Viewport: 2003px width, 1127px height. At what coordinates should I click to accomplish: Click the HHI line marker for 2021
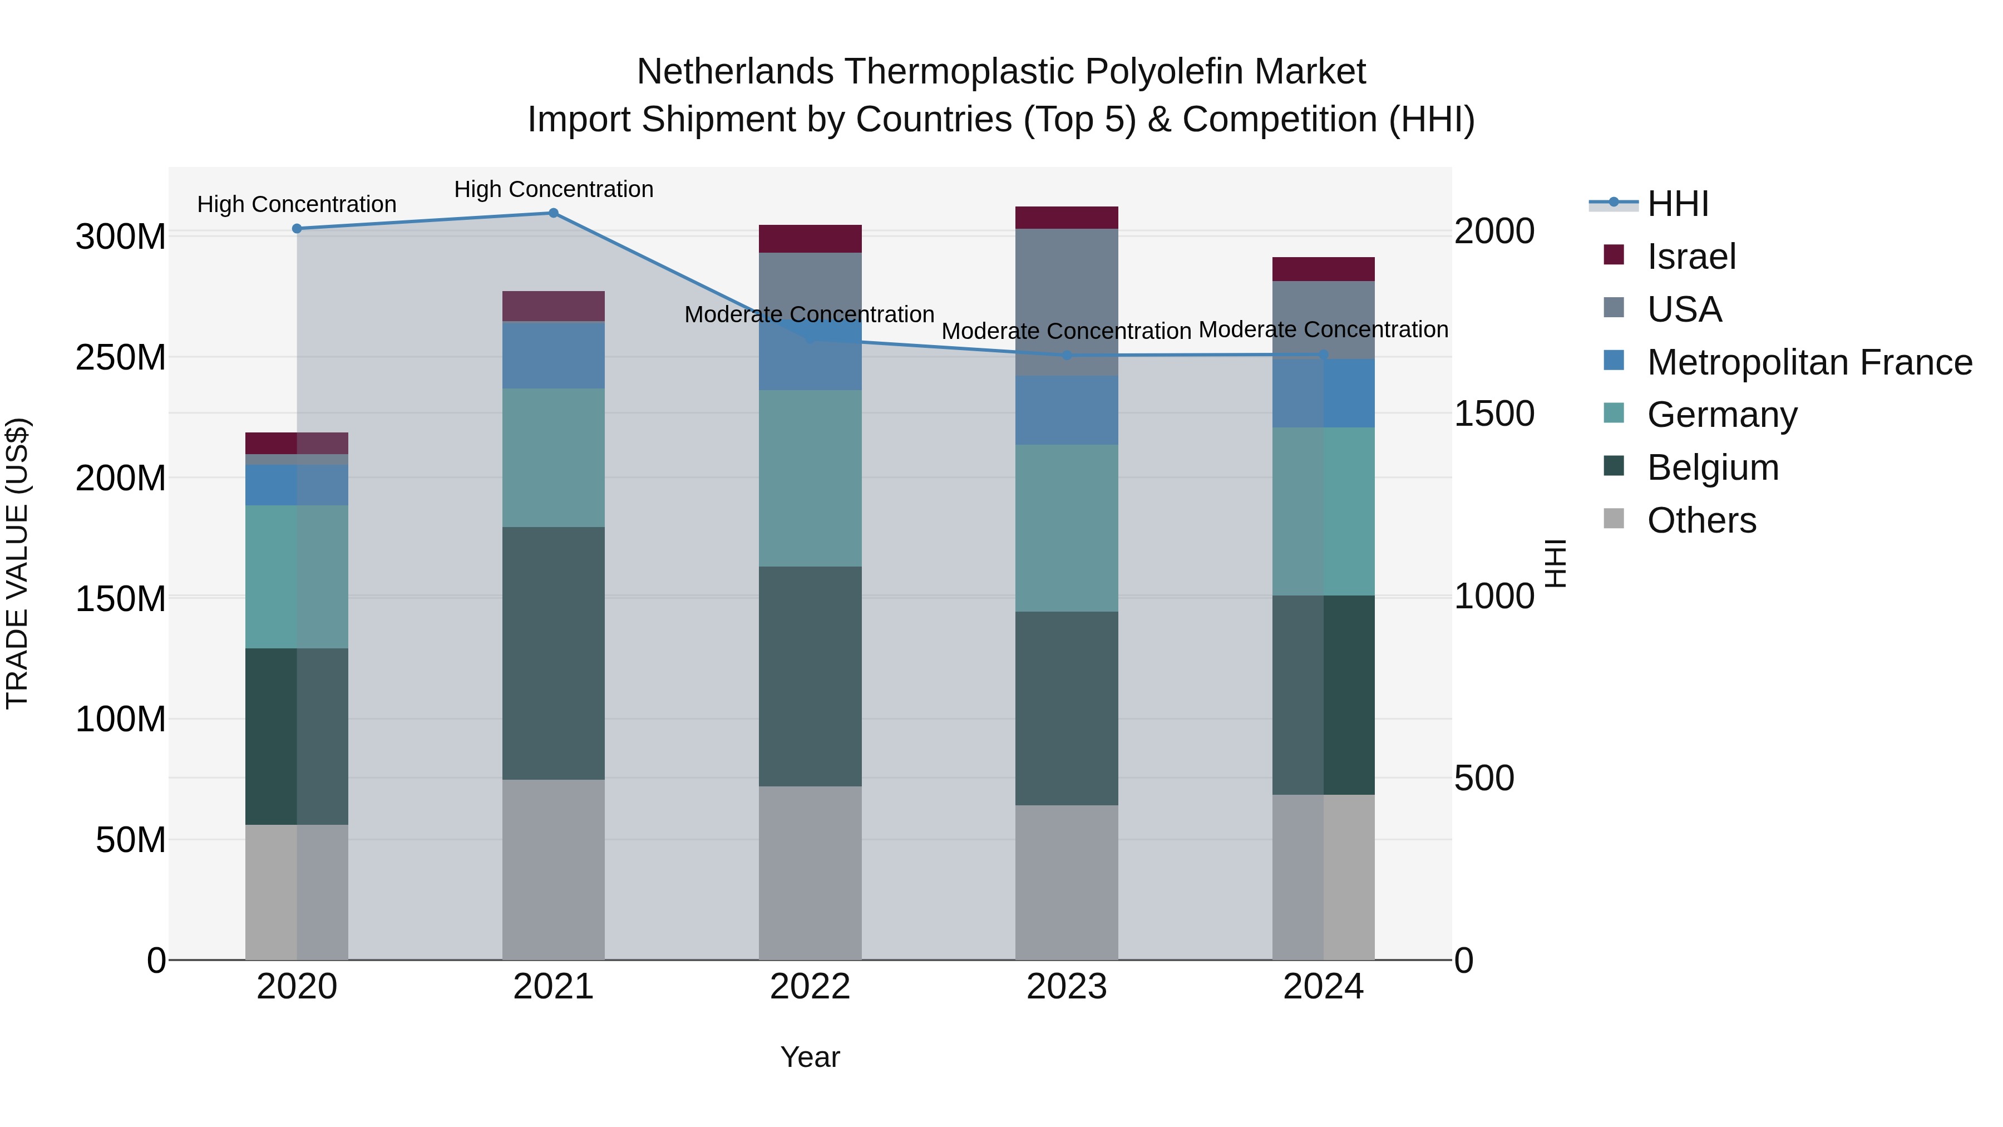pyautogui.click(x=554, y=213)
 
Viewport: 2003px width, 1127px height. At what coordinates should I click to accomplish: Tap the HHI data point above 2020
pyautogui.click(x=297, y=229)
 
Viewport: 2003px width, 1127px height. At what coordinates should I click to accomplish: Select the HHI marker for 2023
pyautogui.click(x=1067, y=356)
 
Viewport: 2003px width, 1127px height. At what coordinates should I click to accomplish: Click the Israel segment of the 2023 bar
pyautogui.click(x=1067, y=218)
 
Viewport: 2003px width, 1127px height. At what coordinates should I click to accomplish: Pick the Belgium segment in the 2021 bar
pyautogui.click(x=554, y=653)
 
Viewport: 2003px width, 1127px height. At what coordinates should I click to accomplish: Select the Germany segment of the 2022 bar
pyautogui.click(x=810, y=478)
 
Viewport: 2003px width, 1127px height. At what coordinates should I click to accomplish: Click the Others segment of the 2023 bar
pyautogui.click(x=1067, y=883)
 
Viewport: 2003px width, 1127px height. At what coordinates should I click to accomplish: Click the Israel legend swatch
pyautogui.click(x=1614, y=255)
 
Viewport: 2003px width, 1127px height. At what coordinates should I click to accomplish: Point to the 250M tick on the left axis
pyautogui.click(x=121, y=358)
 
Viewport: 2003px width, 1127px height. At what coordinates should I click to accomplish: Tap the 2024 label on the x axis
pyautogui.click(x=1324, y=987)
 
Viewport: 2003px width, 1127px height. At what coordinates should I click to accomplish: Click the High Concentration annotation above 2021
pyautogui.click(x=554, y=189)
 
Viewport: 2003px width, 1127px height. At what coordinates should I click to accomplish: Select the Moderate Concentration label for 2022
pyautogui.click(x=810, y=314)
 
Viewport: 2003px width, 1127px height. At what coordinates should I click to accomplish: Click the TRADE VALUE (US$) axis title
pyautogui.click(x=17, y=563)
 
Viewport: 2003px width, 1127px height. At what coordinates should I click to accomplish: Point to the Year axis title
pyautogui.click(x=810, y=1057)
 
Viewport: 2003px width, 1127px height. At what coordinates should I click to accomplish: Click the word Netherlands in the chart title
pyautogui.click(x=735, y=72)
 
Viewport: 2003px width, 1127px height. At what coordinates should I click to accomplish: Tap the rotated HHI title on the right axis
pyautogui.click(x=1555, y=563)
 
